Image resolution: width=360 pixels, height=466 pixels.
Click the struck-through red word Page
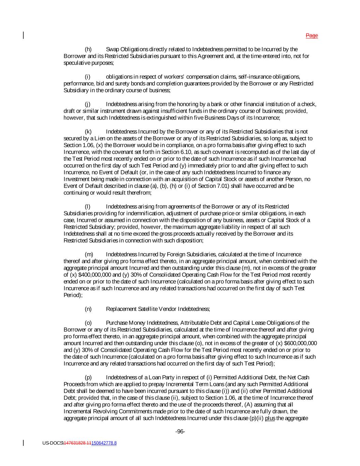[312, 36]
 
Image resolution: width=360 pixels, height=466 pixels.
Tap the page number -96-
[180, 432]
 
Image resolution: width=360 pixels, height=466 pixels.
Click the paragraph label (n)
[88, 309]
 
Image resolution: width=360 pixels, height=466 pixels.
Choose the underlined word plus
[270, 418]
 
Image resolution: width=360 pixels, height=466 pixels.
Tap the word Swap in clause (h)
[113, 50]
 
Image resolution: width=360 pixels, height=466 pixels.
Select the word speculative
[76, 63]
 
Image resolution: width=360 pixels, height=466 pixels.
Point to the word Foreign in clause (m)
[180, 254]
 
